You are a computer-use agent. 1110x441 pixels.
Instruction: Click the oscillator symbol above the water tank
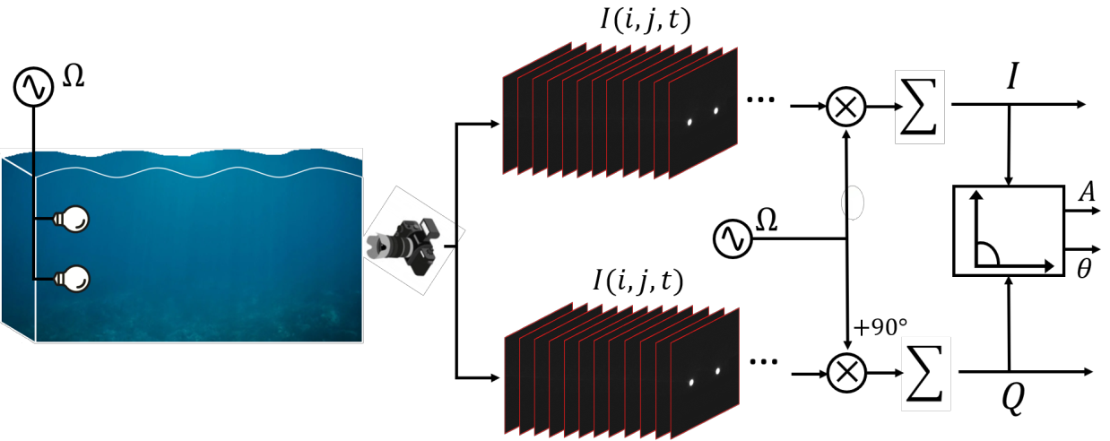pyautogui.click(x=33, y=87)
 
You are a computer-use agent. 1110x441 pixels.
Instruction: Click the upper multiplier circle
pyautogui.click(x=847, y=106)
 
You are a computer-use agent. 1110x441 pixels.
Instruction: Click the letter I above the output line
pyautogui.click(x=1011, y=79)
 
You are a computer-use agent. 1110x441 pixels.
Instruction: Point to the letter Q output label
pyautogui.click(x=1012, y=402)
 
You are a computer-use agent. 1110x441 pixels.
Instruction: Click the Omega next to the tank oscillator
pyautogui.click(x=74, y=78)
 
